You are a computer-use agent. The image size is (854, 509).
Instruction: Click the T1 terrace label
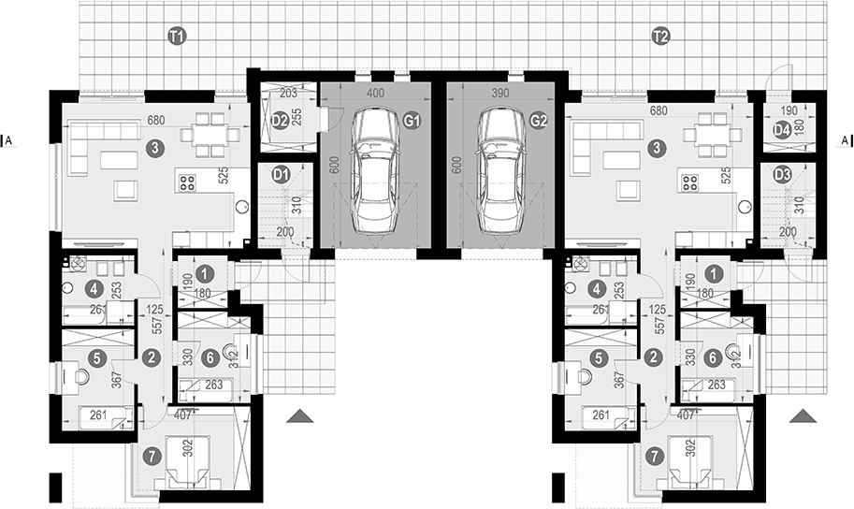coord(175,36)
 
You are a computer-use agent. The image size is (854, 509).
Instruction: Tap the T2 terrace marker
coord(660,36)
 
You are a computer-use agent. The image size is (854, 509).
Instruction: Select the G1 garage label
coord(413,120)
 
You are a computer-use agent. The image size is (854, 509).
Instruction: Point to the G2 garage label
coord(538,120)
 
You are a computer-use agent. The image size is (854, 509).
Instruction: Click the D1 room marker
coord(280,174)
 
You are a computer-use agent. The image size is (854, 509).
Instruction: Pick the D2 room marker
coord(279,120)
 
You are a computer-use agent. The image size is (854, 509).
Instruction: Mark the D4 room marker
coord(783,132)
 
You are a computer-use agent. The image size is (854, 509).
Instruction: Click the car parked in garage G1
coord(374,171)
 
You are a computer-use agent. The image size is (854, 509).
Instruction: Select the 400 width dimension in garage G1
coord(374,95)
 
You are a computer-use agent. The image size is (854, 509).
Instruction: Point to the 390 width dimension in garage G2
coord(500,95)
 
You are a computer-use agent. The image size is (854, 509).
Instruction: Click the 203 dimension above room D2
coord(287,94)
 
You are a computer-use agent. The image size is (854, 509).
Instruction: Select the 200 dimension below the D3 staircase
coord(788,231)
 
